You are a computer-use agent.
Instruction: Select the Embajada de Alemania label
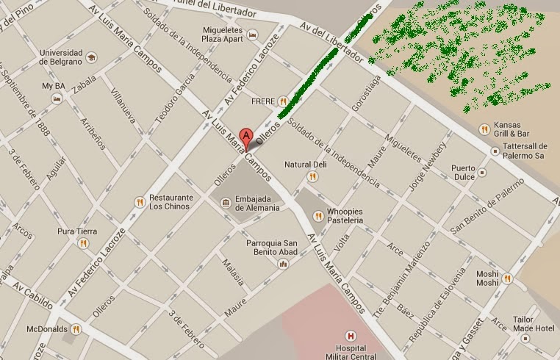point(257,203)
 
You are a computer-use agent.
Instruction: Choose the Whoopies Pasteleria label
point(345,216)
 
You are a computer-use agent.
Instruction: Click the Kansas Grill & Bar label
point(512,129)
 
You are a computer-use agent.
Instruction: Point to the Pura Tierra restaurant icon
point(83,242)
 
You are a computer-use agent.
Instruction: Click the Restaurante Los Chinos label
point(170,202)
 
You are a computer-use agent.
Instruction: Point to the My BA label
point(53,86)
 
